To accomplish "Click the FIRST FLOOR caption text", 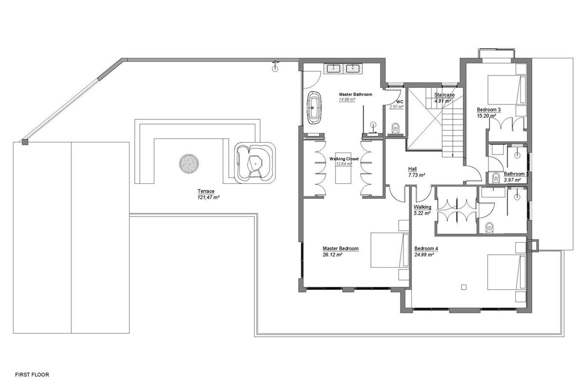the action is point(32,375).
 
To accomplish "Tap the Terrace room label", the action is point(206,191).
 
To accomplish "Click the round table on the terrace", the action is point(189,164).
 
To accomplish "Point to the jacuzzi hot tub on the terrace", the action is point(255,163).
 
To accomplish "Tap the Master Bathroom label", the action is point(355,94).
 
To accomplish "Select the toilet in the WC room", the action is point(395,128).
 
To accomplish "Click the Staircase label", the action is point(444,95).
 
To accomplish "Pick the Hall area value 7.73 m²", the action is point(417,175).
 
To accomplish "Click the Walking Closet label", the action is point(344,159).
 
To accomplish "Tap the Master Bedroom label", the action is point(341,249).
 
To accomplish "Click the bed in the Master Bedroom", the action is point(390,250).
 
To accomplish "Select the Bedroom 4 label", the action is point(426,249).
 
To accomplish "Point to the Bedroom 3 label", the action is point(489,110).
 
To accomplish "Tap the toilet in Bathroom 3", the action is point(496,178).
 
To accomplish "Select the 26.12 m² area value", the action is point(332,255).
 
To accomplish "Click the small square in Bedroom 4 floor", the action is point(464,287).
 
